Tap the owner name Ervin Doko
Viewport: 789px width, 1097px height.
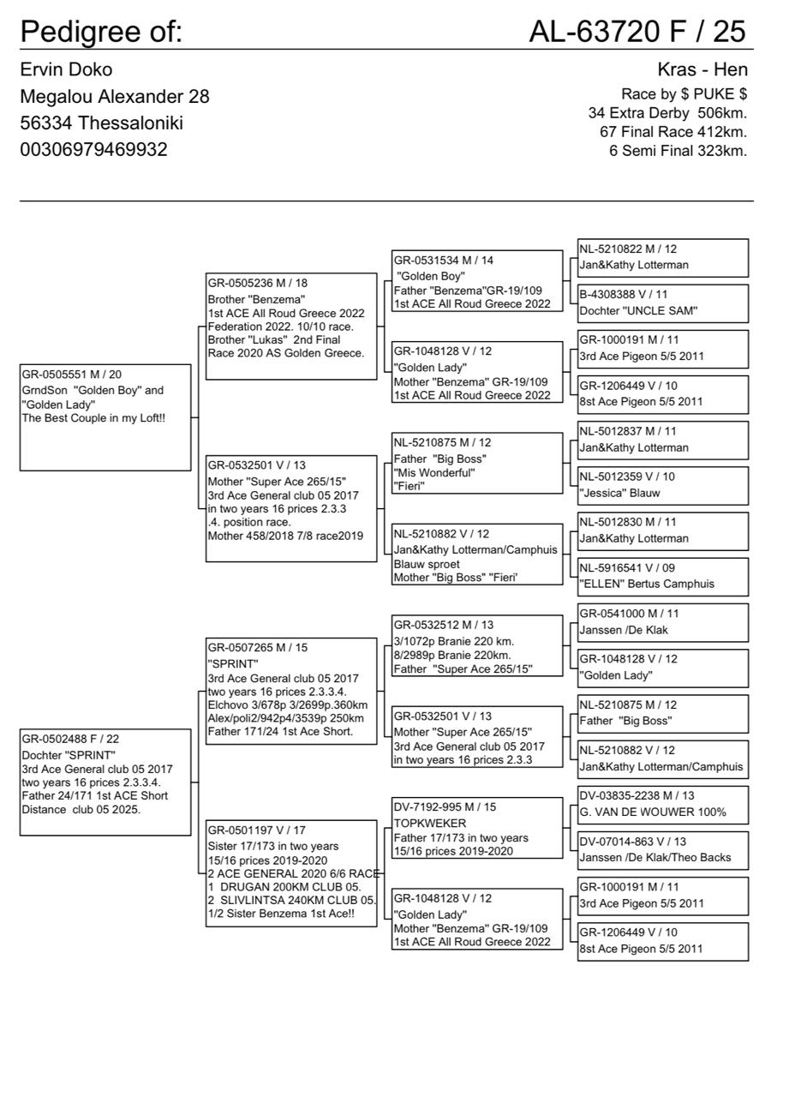point(66,69)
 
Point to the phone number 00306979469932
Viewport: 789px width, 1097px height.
point(93,149)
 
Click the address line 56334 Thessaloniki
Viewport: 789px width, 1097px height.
point(101,123)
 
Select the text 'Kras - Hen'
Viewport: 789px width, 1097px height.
point(702,69)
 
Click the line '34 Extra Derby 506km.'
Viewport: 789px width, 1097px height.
point(667,113)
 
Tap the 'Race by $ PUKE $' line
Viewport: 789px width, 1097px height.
point(684,94)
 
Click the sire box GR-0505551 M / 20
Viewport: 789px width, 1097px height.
point(105,417)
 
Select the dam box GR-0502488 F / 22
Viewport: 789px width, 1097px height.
point(105,782)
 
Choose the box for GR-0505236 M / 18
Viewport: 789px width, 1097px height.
point(291,326)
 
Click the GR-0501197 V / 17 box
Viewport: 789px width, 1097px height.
point(291,872)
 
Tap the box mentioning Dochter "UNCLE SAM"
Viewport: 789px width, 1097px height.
point(662,303)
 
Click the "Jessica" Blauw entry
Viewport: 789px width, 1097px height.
point(662,485)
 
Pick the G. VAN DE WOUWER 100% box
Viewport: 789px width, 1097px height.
point(662,805)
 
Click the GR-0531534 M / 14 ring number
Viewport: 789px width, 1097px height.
point(443,261)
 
